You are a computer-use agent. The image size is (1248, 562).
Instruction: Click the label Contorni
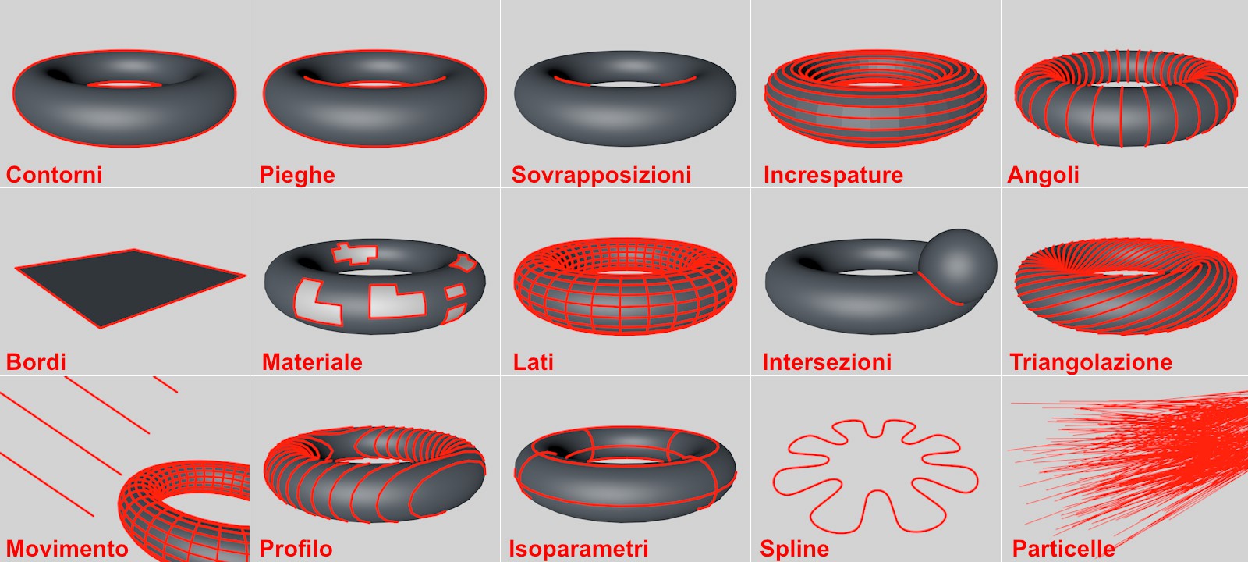(54, 175)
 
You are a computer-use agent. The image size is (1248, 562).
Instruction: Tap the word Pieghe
(297, 176)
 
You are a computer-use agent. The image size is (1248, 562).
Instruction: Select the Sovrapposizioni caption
(601, 176)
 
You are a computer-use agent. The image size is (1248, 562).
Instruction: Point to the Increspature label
(833, 176)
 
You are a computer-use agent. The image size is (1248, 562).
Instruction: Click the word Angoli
(1043, 176)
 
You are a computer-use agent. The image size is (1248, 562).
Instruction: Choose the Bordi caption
(36, 362)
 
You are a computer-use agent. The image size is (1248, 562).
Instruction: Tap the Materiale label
(312, 362)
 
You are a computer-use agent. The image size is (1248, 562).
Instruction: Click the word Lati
(533, 362)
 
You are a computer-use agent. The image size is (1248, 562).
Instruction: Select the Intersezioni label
(827, 362)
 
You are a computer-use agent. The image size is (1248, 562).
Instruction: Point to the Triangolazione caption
(1091, 363)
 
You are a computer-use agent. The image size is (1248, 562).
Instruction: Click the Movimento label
(67, 549)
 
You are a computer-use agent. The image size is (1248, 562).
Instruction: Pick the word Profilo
(296, 549)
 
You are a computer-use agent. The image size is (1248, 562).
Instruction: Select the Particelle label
(1064, 549)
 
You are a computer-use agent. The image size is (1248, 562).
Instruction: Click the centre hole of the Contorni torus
(124, 85)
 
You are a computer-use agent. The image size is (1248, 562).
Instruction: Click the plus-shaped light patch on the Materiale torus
(353, 253)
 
